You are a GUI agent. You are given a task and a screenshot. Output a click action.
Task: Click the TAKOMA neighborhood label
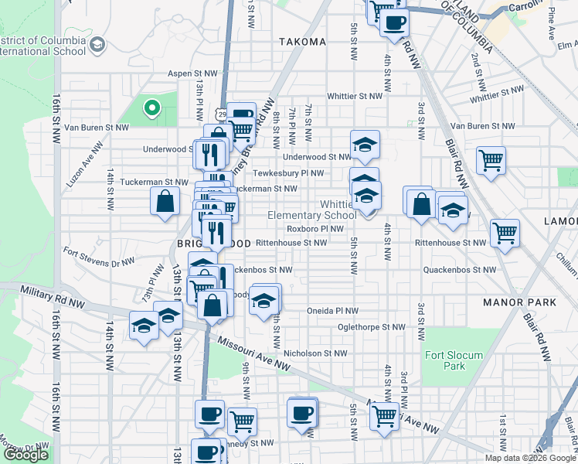point(301,42)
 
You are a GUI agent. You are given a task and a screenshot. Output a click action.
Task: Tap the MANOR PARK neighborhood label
point(514,302)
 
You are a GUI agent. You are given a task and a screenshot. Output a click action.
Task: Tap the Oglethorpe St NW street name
point(371,327)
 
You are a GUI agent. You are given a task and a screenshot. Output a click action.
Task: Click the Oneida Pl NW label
point(332,311)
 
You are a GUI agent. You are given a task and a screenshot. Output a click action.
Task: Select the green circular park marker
point(152,109)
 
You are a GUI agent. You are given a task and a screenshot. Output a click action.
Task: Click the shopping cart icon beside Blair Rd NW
point(491,161)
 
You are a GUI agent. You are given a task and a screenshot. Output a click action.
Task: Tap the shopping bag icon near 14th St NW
point(165,202)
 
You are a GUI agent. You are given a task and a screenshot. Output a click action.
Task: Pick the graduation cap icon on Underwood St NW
point(365,144)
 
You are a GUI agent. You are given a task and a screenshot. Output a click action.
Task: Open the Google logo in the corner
point(25,455)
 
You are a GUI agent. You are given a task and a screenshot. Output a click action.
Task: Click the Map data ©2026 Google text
point(529,458)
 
